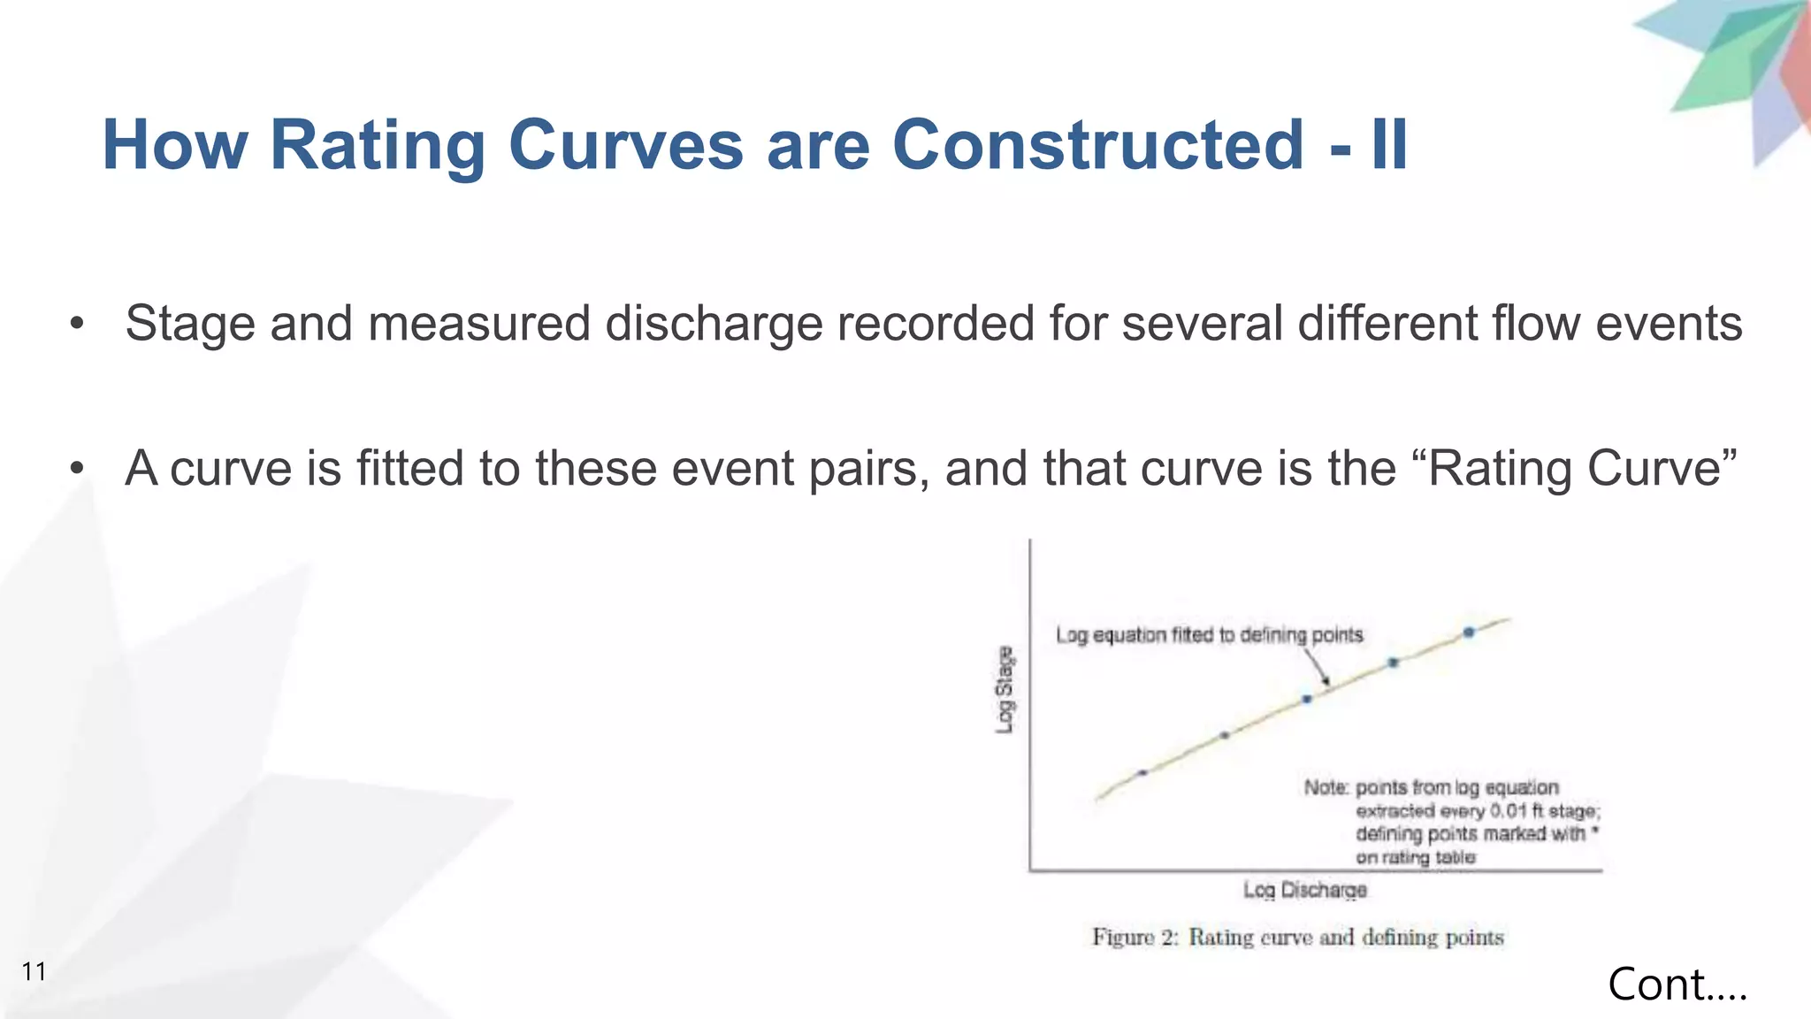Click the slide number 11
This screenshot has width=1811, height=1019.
pyautogui.click(x=34, y=971)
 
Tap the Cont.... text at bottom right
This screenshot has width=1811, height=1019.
pyautogui.click(x=1677, y=984)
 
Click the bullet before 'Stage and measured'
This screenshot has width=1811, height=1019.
pyautogui.click(x=78, y=324)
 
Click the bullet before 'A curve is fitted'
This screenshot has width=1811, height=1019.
pyautogui.click(x=78, y=469)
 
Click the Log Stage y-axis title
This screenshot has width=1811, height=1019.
pyautogui.click(x=1005, y=690)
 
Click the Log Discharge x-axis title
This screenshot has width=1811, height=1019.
pyautogui.click(x=1304, y=890)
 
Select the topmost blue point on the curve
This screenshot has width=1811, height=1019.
pyautogui.click(x=1469, y=632)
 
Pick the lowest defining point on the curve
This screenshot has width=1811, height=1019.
pyautogui.click(x=1142, y=772)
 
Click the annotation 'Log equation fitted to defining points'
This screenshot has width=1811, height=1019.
pyautogui.click(x=1209, y=635)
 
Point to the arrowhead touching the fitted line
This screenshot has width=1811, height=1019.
pyautogui.click(x=1326, y=681)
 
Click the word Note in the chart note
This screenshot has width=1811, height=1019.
pyautogui.click(x=1325, y=787)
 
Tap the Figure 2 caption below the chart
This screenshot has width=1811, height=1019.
pyautogui.click(x=1297, y=937)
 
